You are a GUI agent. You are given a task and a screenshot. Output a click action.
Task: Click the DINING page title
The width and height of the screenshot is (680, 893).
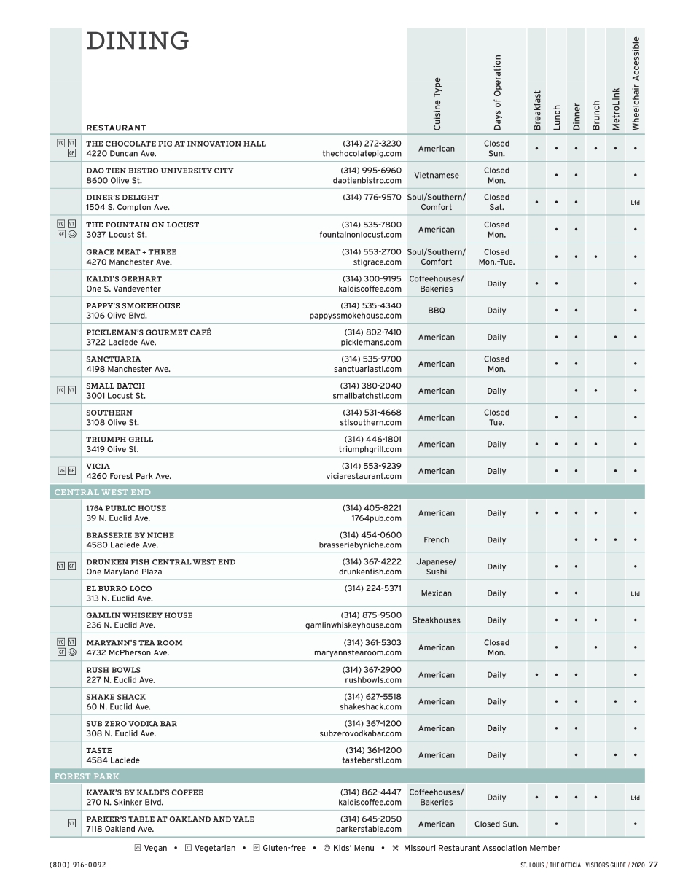click(138, 42)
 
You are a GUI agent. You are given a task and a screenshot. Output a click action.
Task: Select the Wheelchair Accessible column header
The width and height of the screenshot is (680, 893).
click(636, 83)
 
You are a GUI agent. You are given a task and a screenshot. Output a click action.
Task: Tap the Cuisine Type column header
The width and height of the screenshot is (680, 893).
click(437, 104)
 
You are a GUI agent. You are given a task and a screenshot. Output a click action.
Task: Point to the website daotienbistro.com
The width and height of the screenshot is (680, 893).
click(367, 180)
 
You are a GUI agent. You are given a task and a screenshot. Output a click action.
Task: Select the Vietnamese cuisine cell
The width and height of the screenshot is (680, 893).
click(437, 176)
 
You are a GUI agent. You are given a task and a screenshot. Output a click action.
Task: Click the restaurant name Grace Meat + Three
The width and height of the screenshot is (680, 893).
click(131, 252)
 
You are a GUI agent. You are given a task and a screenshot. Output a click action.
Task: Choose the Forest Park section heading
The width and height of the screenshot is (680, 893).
click(87, 776)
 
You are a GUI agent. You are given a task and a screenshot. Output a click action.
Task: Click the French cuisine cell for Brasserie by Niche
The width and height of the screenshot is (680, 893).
click(437, 540)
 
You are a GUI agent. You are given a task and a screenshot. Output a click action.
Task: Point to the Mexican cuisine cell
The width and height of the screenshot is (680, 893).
click(437, 593)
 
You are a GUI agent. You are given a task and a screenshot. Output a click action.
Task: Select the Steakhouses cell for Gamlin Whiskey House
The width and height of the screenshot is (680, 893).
click(437, 620)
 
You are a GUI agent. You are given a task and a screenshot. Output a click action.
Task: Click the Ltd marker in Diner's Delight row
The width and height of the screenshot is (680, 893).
click(635, 203)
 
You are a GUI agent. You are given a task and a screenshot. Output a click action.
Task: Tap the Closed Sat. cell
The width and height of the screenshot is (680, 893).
click(496, 202)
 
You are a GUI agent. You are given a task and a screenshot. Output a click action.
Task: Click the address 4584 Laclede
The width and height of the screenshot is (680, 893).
click(113, 760)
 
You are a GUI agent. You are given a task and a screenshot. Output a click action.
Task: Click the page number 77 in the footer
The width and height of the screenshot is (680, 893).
click(653, 865)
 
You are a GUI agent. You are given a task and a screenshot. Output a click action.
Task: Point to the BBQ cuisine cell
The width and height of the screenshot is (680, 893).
click(437, 311)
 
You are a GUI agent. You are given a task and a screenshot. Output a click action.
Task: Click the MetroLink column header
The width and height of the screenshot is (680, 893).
click(616, 109)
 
